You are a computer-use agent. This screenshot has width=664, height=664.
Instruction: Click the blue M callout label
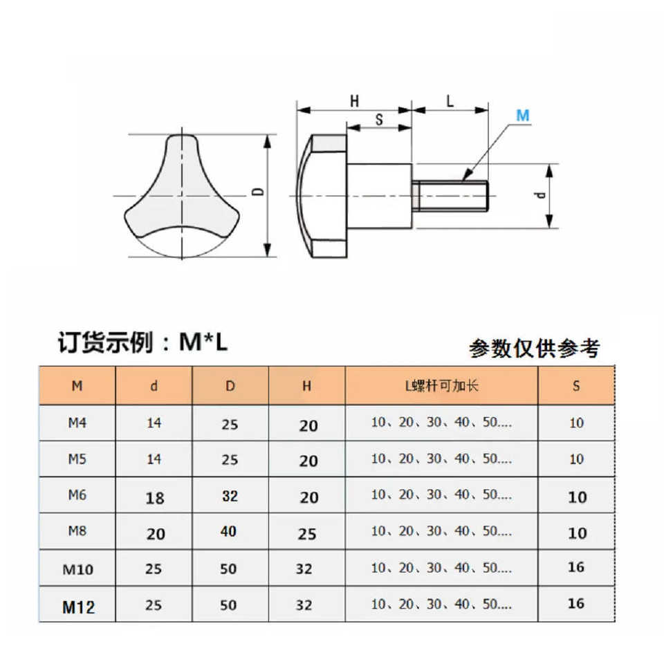(x=523, y=116)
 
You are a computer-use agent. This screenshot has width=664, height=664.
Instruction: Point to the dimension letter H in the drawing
(x=354, y=101)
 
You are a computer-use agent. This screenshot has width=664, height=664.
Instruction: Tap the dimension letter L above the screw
(x=450, y=101)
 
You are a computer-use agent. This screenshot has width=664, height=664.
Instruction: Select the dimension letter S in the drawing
(x=379, y=119)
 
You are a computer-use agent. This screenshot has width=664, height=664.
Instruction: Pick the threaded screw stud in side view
(x=451, y=196)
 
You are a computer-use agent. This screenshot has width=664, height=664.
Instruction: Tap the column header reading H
(x=306, y=387)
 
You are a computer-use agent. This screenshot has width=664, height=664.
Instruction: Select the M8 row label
(x=77, y=531)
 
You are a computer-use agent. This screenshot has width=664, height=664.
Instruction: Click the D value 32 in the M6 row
(x=230, y=495)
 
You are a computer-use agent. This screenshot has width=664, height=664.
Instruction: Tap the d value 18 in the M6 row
(x=154, y=497)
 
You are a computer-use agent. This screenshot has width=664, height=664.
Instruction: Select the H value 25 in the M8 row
(x=307, y=533)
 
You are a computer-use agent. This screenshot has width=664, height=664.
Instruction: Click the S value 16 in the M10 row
(x=575, y=567)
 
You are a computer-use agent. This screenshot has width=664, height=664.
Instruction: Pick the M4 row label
(x=77, y=423)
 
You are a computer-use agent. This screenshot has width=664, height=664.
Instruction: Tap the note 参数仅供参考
(x=534, y=348)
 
